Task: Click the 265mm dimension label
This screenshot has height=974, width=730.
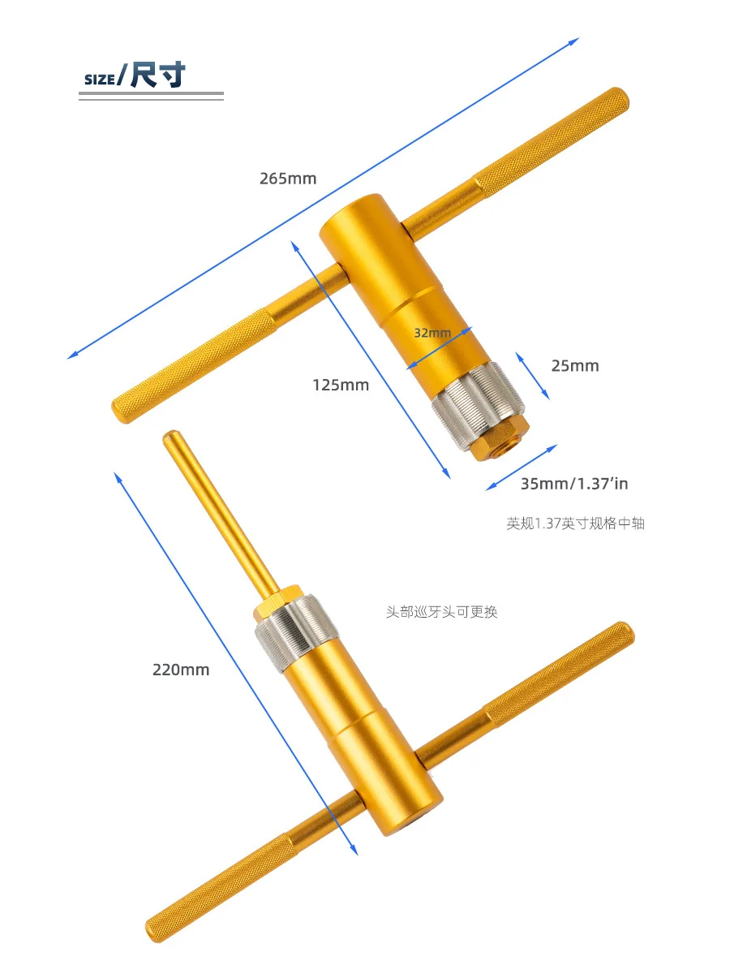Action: (288, 179)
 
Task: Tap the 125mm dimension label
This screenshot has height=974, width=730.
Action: (341, 386)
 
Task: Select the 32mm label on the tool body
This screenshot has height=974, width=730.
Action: (432, 333)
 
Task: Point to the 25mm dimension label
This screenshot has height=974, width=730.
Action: (575, 366)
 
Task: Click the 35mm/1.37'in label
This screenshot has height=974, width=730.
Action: (574, 484)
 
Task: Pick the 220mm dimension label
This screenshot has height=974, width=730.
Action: (181, 670)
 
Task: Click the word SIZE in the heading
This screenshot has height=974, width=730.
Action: (99, 80)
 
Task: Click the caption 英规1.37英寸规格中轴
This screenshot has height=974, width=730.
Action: (575, 524)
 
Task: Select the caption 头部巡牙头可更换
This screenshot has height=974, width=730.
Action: (441, 612)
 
